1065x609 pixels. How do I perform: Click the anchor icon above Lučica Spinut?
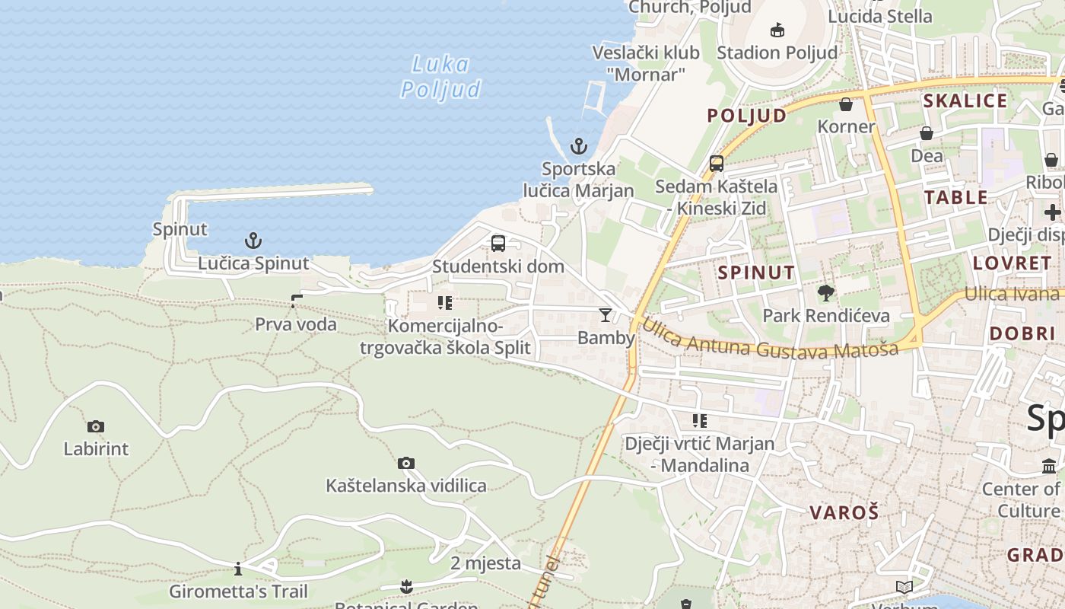point(253,241)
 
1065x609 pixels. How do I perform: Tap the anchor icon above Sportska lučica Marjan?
point(579,146)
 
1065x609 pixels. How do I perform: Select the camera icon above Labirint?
point(96,426)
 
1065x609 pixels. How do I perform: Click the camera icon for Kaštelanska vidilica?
point(406,463)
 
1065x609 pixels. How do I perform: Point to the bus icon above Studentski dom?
point(498,244)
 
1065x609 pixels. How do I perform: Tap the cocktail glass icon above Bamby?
point(606,314)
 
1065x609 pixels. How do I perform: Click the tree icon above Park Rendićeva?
point(825,293)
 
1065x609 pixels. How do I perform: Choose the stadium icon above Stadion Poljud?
point(777,30)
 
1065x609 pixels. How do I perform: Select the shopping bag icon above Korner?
point(846,104)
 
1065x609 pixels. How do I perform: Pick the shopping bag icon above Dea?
point(927,134)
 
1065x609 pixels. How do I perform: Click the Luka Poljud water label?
point(441,77)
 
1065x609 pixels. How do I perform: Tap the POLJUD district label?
point(747,116)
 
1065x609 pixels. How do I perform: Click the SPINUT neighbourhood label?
point(756,273)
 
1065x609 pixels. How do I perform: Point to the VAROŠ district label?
point(844,512)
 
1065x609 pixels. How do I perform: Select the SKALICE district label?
point(965,101)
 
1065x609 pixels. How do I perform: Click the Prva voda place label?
point(295,324)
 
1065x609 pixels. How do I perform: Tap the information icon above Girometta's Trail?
point(238,569)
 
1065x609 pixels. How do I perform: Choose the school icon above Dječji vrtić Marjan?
point(700,421)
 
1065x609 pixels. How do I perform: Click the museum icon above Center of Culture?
point(1049,466)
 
